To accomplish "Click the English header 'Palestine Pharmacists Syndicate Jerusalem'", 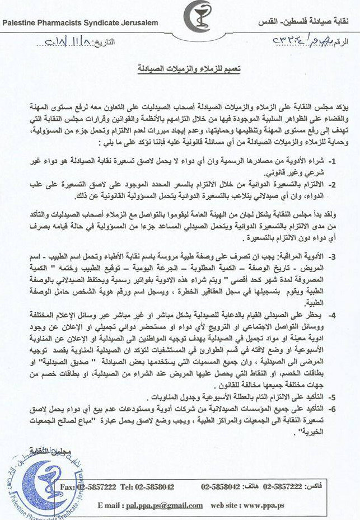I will click(x=80, y=23).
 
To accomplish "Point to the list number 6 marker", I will click(x=347, y=409).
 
